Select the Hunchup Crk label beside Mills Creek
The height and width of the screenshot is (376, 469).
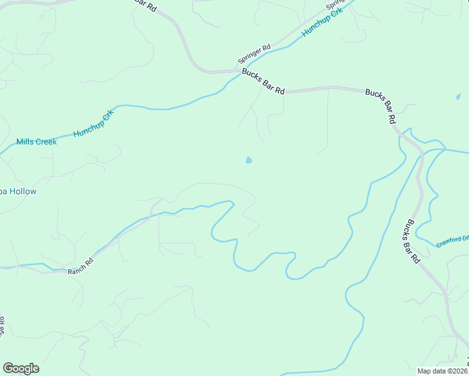93,124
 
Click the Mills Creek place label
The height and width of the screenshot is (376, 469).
36,142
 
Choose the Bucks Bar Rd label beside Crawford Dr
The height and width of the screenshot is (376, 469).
411,241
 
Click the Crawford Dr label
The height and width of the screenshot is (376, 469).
453,241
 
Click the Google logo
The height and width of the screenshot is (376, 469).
21,368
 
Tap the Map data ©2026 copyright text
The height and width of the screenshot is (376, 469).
443,371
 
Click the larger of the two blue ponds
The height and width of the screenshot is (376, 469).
249,160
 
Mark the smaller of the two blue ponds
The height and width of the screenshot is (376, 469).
458,97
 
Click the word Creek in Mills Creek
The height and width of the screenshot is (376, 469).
45,142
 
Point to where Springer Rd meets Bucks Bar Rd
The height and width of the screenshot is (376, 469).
237,70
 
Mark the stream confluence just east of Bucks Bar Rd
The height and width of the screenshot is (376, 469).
424,152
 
